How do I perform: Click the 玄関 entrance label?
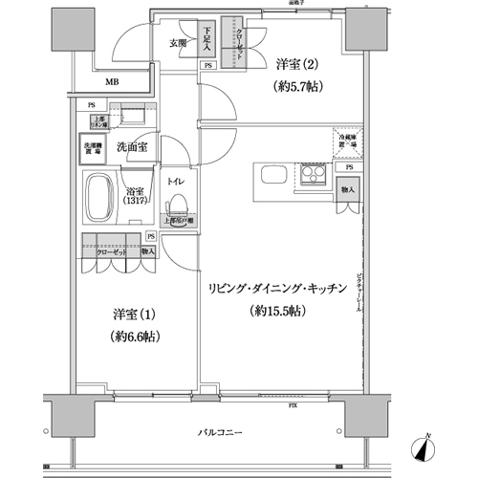coord(180,43)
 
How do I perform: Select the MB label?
coord(113,84)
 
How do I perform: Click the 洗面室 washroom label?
coord(131,146)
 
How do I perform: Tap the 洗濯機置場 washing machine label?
coord(92,147)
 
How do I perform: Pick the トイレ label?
coord(175,180)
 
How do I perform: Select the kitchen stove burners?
coord(312,176)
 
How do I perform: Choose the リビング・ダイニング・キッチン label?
coord(276,287)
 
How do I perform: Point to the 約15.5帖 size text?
coord(276,311)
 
